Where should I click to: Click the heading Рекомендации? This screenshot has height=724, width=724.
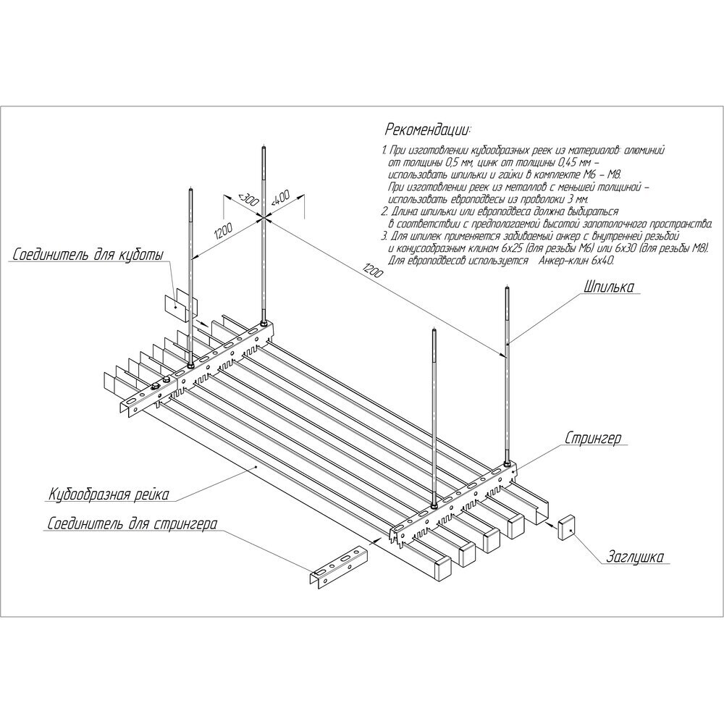pyautogui.click(x=429, y=130)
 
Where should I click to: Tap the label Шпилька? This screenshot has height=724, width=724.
pyautogui.click(x=609, y=287)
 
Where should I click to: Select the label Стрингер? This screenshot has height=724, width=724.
pyautogui.click(x=594, y=438)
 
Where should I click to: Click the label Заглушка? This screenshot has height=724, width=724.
pyautogui.click(x=636, y=557)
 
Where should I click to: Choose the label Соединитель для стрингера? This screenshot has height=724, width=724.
pyautogui.click(x=132, y=524)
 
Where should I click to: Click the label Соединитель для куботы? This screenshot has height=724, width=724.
pyautogui.click(x=88, y=254)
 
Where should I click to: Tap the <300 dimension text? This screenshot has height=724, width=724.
pyautogui.click(x=247, y=200)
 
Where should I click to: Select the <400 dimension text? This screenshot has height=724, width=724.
pyautogui.click(x=279, y=198)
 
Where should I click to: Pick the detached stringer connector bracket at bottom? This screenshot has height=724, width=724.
pyautogui.click(x=338, y=567)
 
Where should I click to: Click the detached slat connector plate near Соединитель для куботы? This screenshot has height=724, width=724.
pyautogui.click(x=181, y=304)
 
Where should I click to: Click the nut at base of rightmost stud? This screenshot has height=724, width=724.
pyautogui.click(x=508, y=463)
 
